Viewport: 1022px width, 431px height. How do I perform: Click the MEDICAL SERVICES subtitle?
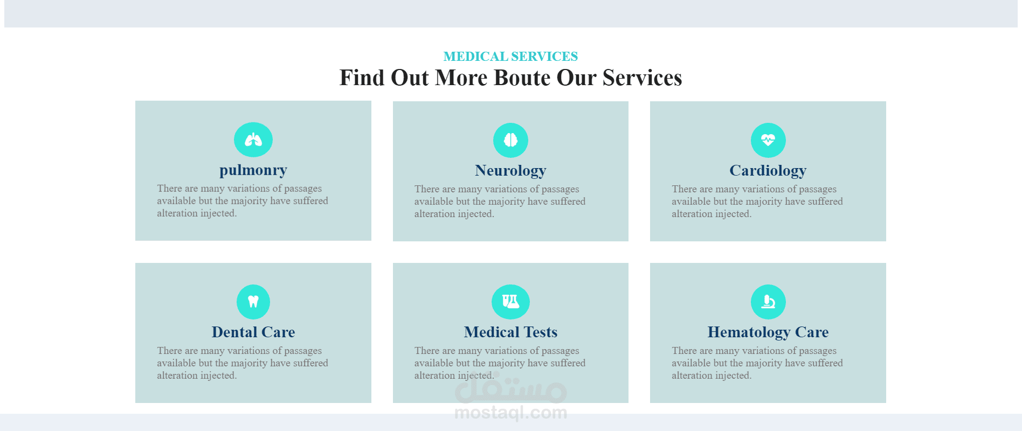pos(510,57)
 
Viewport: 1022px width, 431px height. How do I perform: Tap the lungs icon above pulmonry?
pos(253,140)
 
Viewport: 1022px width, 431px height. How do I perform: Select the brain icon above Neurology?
pos(510,140)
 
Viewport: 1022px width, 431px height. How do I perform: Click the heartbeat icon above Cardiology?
pos(768,140)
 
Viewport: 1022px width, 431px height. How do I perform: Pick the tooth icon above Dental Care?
pos(253,302)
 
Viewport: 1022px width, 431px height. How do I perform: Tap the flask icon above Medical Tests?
pos(510,302)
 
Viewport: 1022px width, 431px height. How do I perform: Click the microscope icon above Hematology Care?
pos(768,302)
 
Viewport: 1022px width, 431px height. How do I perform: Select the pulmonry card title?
pos(253,170)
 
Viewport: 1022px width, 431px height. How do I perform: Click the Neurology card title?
pos(510,171)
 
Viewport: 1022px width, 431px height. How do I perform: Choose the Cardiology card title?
pos(768,171)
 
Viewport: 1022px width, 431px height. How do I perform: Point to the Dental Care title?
pos(253,332)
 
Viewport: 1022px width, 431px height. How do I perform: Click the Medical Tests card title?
pos(510,332)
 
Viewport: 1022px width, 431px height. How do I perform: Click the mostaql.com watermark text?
pos(510,413)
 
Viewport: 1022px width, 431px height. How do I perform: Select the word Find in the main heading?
pos(362,78)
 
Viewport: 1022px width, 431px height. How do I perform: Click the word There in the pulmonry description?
pos(169,189)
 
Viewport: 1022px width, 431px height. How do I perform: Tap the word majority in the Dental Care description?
pos(249,363)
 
